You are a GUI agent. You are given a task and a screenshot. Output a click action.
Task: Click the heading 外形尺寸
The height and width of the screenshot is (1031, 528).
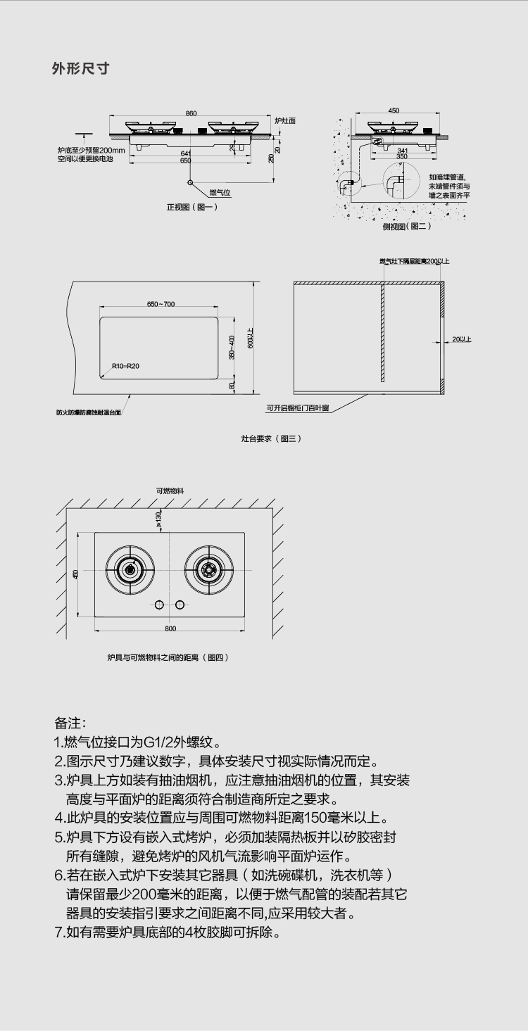80,68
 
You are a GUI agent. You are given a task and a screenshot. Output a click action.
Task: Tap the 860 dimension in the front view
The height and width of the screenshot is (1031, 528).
191,113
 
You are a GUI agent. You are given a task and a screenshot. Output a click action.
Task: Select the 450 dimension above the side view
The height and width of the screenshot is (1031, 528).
394,110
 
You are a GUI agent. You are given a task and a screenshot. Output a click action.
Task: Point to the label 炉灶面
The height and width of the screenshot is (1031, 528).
285,121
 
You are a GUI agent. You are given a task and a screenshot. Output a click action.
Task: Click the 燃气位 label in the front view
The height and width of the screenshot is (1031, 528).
220,192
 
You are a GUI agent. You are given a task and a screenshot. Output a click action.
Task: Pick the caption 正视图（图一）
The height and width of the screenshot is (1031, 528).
192,207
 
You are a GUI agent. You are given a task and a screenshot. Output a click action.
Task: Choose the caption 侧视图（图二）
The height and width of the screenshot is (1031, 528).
406,226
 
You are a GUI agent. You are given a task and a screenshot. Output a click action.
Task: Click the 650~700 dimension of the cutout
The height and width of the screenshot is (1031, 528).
161,304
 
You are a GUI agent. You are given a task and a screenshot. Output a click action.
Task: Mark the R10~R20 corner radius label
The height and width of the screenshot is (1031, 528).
125,366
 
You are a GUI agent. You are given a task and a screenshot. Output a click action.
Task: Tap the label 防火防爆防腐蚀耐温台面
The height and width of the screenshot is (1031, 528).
89,412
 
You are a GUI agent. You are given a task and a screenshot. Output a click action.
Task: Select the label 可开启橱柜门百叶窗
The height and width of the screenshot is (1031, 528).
297,407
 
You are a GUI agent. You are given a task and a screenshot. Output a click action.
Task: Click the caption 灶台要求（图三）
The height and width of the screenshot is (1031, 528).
271,438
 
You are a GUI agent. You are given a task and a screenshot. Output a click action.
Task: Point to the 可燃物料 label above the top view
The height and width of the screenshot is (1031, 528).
170,491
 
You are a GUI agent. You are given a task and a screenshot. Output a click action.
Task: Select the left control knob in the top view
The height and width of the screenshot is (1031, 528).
159,605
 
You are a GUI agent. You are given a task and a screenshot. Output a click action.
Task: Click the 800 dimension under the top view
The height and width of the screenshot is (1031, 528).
170,628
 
